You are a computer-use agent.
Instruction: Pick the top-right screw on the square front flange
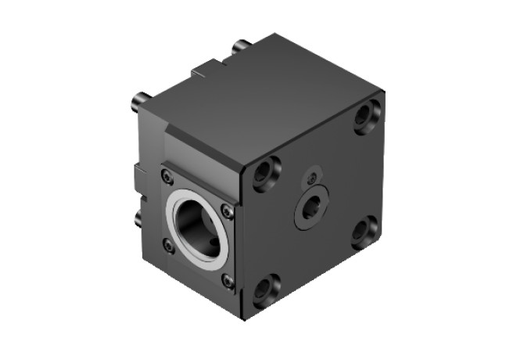227,210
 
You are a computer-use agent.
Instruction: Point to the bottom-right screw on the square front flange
228,279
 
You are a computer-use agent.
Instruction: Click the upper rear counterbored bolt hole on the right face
365,117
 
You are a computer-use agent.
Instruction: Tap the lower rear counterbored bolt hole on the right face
362,231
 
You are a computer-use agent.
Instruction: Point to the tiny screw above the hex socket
313,176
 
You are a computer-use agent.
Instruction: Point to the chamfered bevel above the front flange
203,153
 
